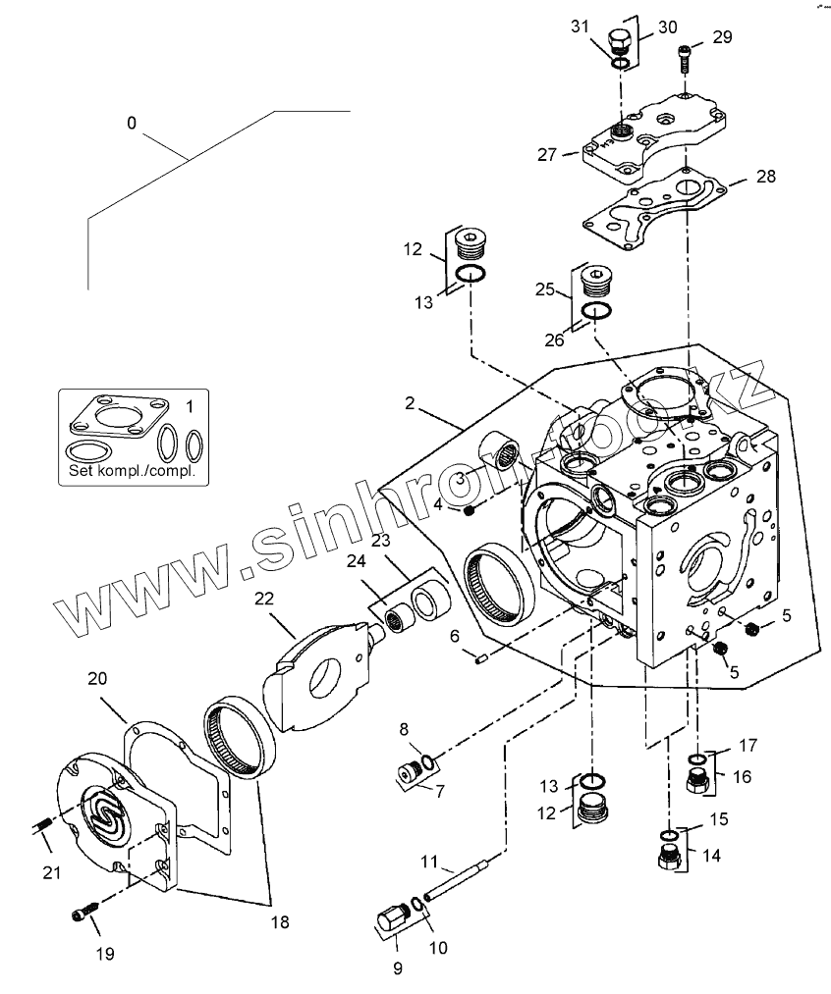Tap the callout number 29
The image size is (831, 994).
click(722, 37)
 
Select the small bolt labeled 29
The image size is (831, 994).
click(684, 58)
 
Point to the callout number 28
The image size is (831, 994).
click(765, 177)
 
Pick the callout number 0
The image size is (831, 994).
click(132, 123)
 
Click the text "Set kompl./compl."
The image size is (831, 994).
click(132, 470)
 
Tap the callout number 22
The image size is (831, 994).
click(265, 598)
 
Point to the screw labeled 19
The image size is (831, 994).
click(82, 915)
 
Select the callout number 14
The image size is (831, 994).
click(710, 855)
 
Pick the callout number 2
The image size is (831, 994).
click(408, 403)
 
